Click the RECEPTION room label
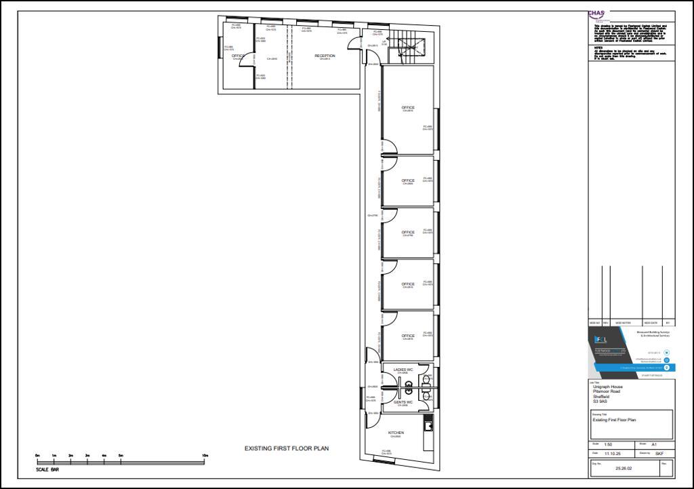325,56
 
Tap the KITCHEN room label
396,433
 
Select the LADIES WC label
403,370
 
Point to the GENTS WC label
403,402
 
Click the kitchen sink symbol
428,425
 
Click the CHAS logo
596,14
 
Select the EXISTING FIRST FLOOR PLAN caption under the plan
287,448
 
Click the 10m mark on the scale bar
204,455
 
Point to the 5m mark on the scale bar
121,455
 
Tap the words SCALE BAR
47,469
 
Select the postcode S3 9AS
601,401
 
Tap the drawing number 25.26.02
623,468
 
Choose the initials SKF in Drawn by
659,453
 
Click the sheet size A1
654,444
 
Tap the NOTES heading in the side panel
598,47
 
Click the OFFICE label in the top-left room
237,56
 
